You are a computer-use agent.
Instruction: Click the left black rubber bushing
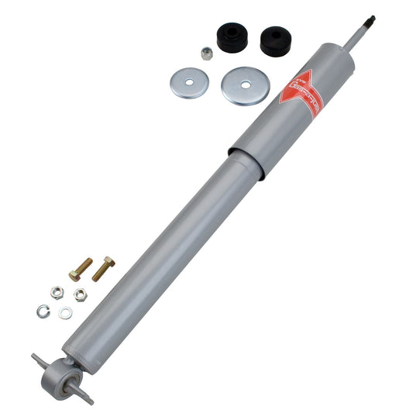(x=232, y=37)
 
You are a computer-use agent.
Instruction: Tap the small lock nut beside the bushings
(x=207, y=53)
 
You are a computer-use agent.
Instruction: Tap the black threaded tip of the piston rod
(x=371, y=19)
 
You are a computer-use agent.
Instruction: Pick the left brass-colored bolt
(x=80, y=269)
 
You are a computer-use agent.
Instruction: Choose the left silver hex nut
(x=57, y=292)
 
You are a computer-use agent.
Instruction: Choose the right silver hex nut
(x=80, y=294)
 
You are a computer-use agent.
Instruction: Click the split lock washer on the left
(x=43, y=311)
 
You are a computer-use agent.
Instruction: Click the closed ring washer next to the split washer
(x=66, y=312)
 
